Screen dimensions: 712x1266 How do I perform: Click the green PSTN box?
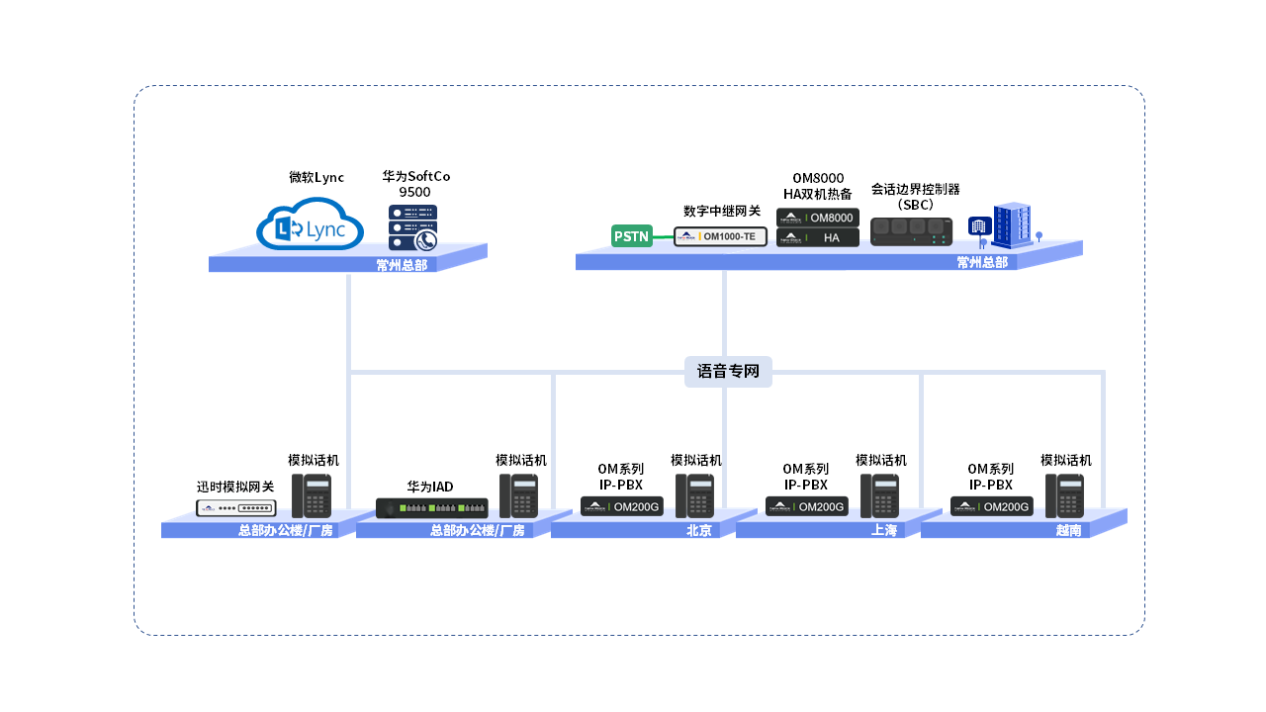click(632, 236)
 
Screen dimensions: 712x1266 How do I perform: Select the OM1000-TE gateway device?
click(721, 236)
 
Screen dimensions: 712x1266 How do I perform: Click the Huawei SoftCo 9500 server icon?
click(412, 227)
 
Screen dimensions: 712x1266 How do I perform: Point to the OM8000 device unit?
click(817, 217)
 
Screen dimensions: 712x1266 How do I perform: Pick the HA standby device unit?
click(817, 237)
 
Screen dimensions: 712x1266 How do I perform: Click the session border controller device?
click(911, 231)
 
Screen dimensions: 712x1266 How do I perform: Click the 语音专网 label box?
click(728, 372)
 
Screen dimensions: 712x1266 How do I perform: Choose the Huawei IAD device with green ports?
click(432, 508)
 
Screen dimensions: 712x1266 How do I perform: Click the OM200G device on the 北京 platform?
click(621, 506)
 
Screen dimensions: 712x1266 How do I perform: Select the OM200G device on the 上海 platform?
click(806, 506)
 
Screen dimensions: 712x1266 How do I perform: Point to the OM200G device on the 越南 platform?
click(991, 506)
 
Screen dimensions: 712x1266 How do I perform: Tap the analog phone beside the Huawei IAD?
click(518, 495)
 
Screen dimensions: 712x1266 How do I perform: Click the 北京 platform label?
click(699, 531)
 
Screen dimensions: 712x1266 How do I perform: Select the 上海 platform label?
click(884, 531)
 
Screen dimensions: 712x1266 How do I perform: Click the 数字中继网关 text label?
click(721, 211)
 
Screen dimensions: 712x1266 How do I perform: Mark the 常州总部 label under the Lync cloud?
click(402, 265)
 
